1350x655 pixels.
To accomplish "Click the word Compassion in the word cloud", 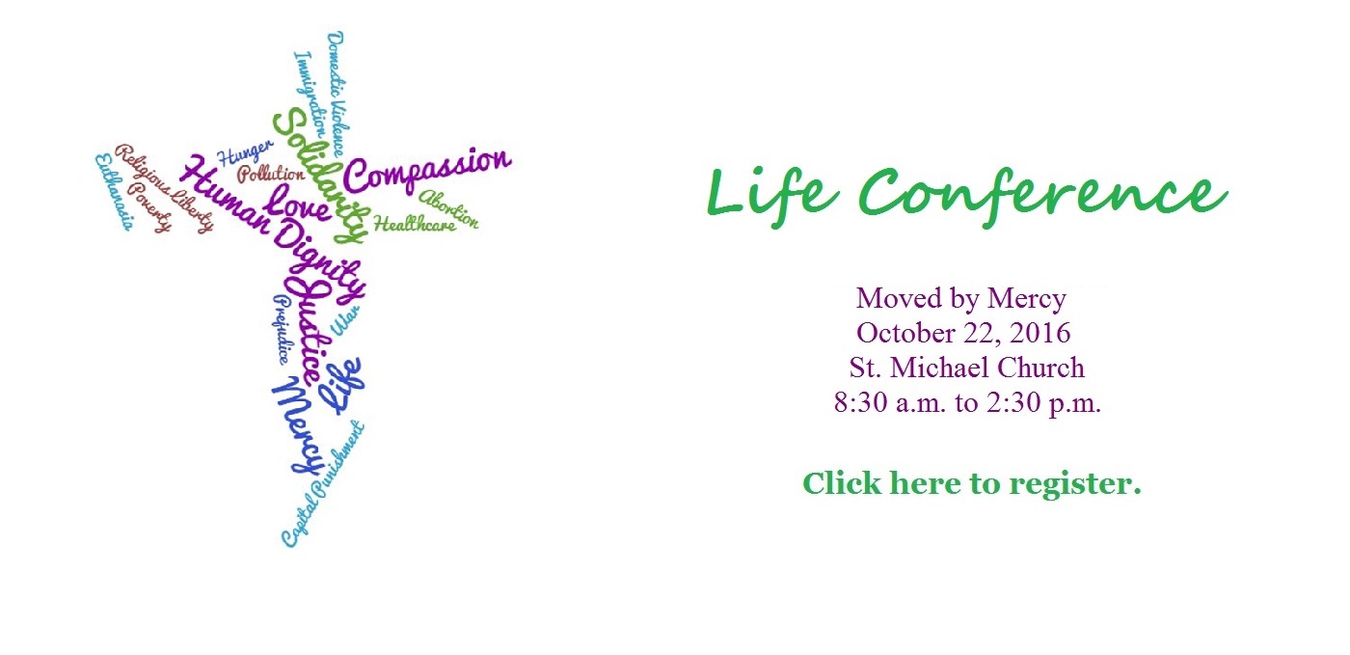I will (426, 170).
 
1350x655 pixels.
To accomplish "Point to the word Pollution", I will (271, 175).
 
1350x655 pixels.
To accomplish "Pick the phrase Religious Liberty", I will (164, 189).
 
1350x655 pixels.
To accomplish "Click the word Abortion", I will (448, 206).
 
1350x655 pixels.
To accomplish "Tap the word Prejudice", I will (277, 328).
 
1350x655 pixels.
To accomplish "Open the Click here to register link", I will (971, 482).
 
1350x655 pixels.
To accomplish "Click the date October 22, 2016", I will (963, 333).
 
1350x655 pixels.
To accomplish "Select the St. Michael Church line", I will (966, 368).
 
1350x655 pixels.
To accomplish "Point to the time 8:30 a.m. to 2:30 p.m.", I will (967, 402).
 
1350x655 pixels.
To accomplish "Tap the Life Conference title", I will (966, 193).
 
